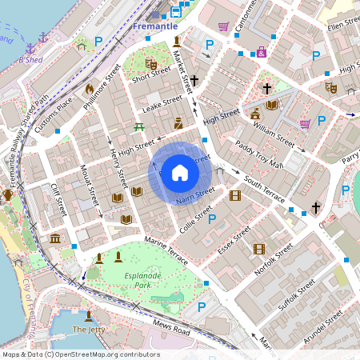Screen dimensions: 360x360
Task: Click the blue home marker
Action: point(180,172)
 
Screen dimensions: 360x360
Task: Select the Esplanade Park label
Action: point(132,280)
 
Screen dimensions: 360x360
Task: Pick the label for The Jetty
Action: point(89,330)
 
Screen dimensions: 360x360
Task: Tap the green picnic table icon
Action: point(139,126)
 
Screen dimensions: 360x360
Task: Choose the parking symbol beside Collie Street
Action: point(212,218)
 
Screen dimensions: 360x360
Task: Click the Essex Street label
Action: point(234,238)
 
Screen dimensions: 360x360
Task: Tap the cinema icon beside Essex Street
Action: point(258,249)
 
